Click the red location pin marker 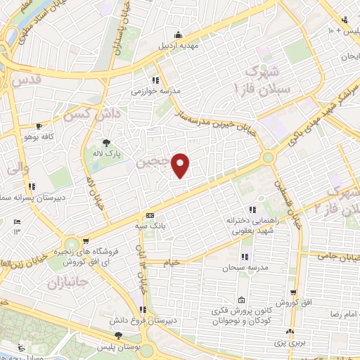tap(181, 166)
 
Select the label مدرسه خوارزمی tap(156, 91)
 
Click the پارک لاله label tap(108, 152)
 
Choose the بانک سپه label tap(149, 226)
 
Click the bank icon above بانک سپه tap(149, 216)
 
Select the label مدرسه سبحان tap(243, 268)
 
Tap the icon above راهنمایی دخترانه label tap(251, 210)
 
